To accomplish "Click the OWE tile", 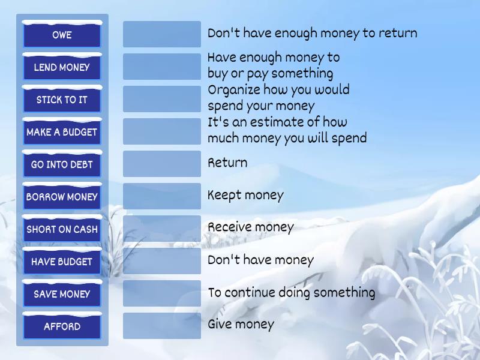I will point(62,35).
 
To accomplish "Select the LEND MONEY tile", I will point(62,67).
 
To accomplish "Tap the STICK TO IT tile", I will point(62,100).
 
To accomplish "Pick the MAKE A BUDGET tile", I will point(62,132).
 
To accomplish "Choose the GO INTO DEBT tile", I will point(62,164).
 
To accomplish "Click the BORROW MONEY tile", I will point(62,197).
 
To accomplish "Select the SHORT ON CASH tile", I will point(62,229).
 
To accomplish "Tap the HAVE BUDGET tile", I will point(62,262).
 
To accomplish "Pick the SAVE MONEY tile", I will point(62,294).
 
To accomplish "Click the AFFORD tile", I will point(62,326).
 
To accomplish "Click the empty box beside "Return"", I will point(162,164).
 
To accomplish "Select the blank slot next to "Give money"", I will point(162,326).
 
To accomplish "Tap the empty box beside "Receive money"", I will point(162,229).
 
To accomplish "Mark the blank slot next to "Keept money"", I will point(162,196).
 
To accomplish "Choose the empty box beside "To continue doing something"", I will point(162,293).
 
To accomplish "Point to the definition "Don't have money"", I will point(260,260).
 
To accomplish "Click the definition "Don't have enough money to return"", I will point(312,34).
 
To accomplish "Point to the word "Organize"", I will point(232,91).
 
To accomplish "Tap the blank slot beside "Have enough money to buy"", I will point(162,67).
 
